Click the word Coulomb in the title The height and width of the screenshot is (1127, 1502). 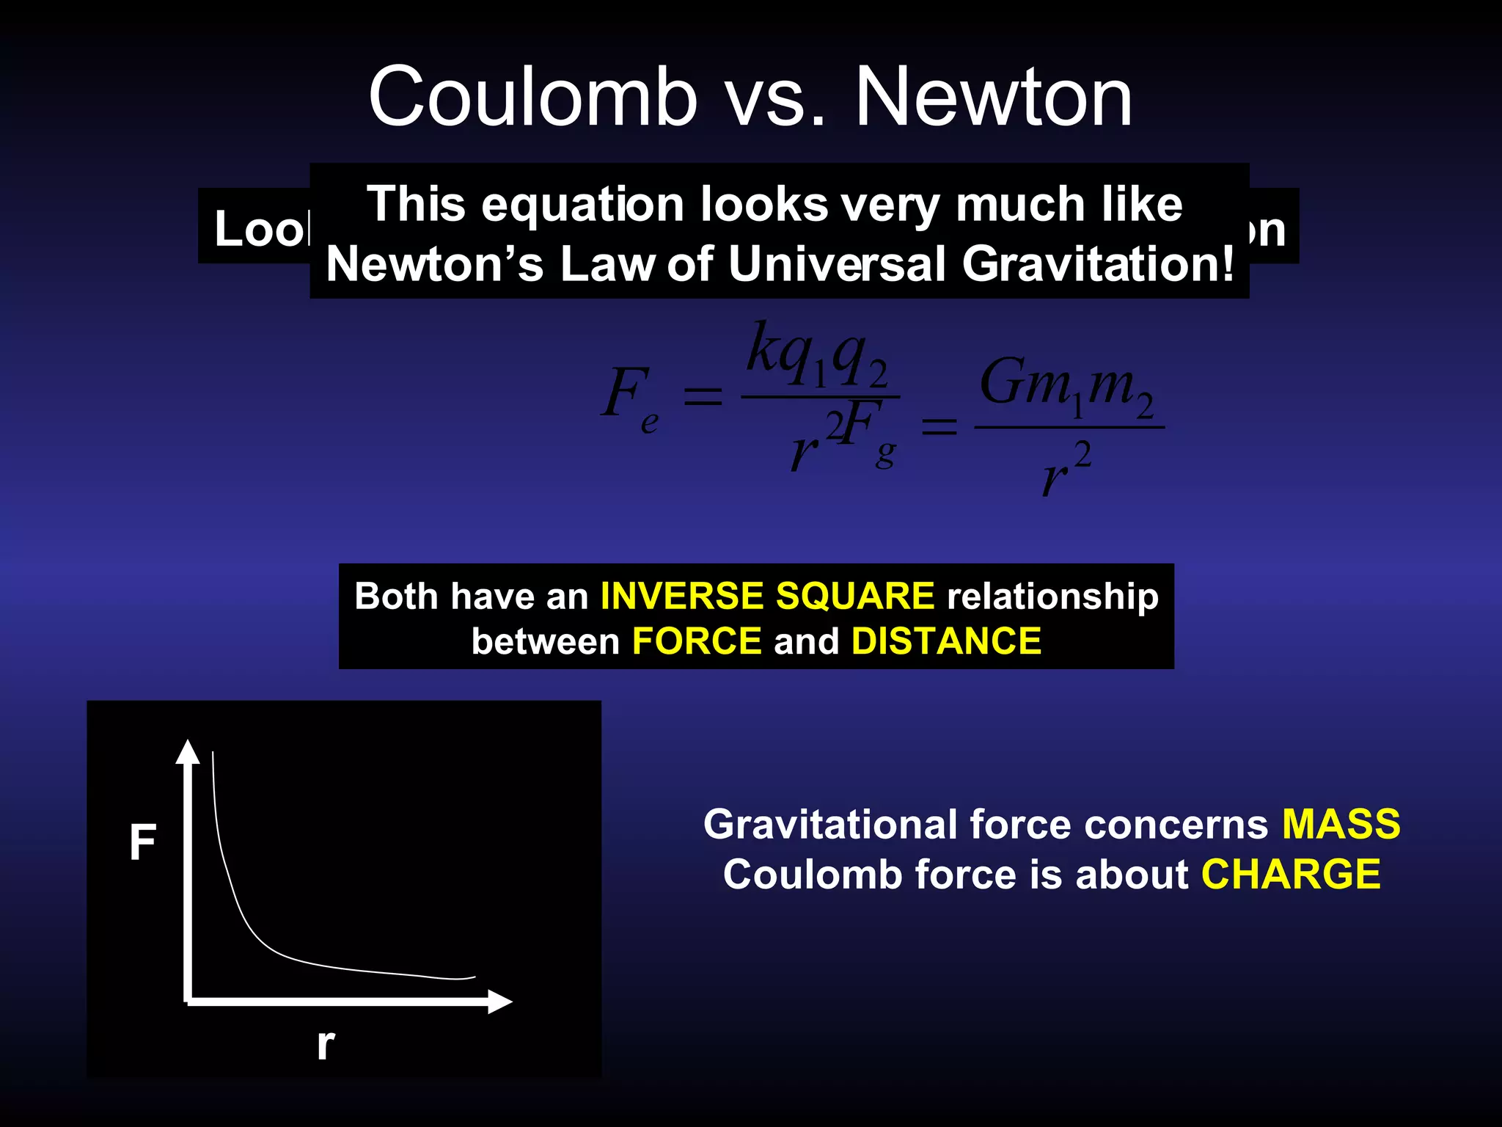pos(532,97)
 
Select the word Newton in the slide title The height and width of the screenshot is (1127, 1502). pos(994,97)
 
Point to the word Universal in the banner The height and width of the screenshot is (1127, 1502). pos(837,264)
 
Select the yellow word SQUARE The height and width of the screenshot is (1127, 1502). pos(855,595)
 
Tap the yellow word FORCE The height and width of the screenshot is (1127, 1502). pos(697,641)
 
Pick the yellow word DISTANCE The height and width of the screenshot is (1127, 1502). pos(946,641)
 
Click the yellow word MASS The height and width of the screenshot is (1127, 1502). pos(1341,824)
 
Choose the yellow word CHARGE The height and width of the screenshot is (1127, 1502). pos(1291,875)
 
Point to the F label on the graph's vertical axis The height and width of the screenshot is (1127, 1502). pos(143,842)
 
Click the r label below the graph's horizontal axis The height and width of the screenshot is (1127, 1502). pos(326,1043)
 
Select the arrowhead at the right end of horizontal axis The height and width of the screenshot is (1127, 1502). pos(499,1002)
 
